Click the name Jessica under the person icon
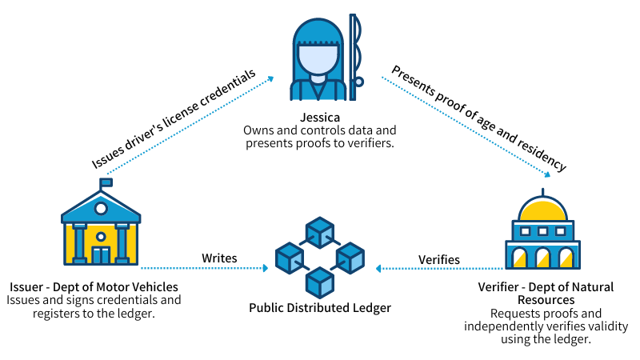(320, 117)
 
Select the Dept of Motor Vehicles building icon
(101, 227)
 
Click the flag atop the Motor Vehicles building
(106, 182)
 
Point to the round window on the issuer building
(101, 209)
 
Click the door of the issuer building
(101, 255)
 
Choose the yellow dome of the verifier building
(542, 210)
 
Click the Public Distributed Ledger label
(320, 307)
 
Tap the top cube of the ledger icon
(320, 232)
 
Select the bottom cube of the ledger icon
(320, 282)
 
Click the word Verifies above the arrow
(439, 259)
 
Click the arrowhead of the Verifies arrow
(380, 268)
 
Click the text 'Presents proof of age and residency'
(478, 118)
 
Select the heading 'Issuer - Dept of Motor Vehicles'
(94, 286)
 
